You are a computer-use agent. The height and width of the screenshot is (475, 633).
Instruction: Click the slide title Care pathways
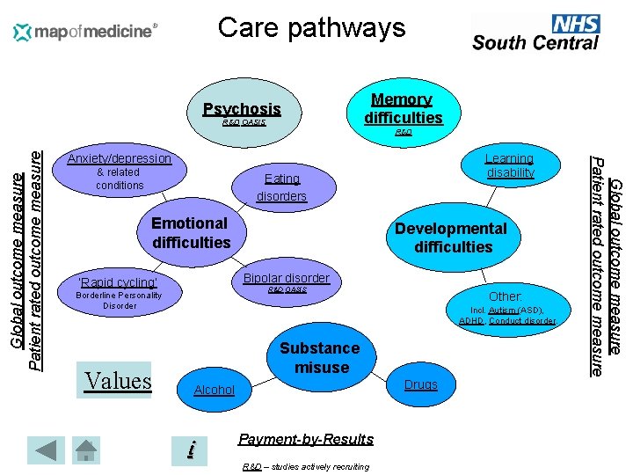coord(311,27)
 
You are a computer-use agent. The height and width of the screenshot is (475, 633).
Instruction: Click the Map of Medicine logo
coord(85,33)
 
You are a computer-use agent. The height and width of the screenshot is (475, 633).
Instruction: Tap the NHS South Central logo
coord(535,33)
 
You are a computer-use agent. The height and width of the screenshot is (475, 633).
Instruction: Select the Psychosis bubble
coord(242,110)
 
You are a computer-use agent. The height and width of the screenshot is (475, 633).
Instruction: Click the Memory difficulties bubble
coord(402,108)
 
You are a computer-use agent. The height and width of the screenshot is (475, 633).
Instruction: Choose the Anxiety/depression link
coord(120,158)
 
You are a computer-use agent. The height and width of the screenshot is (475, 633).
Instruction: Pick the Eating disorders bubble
coord(281,186)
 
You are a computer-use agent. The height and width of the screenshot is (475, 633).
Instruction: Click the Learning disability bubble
coord(510,165)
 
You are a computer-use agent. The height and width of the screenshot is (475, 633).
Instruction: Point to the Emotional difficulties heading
coord(191,232)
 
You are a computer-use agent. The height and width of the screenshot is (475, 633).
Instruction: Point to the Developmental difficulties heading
coord(451,237)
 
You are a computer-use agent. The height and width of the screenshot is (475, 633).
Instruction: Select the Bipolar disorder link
coord(287,279)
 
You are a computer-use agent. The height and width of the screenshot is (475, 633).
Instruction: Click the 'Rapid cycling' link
coord(119,282)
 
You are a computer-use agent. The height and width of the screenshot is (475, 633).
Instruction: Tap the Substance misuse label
coord(320,357)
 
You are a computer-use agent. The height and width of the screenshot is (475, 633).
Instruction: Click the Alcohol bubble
coord(214,390)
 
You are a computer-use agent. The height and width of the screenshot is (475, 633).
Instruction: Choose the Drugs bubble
coord(419,384)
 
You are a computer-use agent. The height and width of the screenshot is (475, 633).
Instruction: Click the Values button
coord(118,380)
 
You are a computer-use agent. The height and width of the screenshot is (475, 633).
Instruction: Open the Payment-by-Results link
coord(306,439)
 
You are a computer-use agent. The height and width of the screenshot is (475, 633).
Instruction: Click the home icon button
coord(87,449)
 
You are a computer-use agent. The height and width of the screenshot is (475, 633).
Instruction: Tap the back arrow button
coord(46,449)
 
